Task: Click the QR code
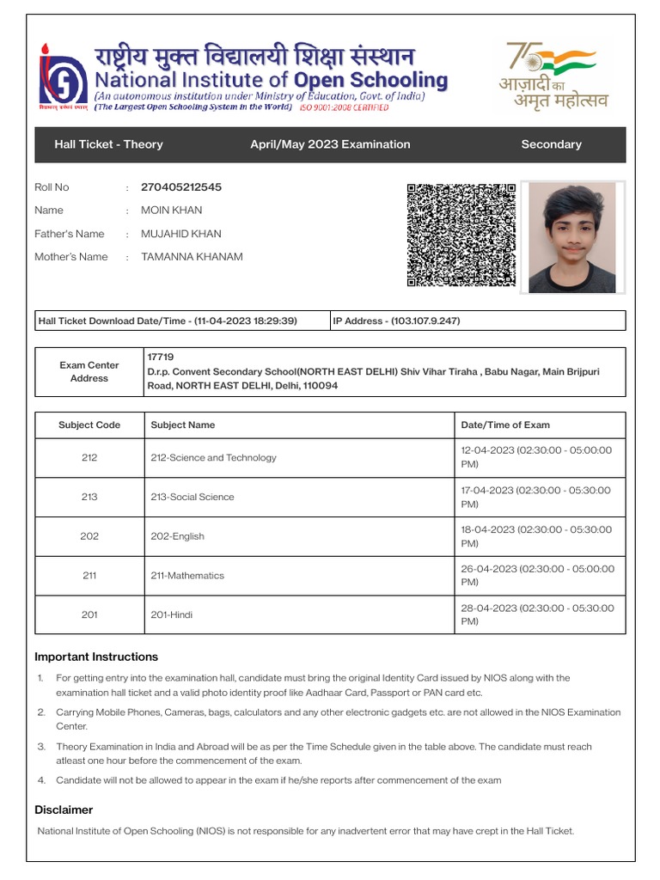tap(461, 235)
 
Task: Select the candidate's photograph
tap(571, 237)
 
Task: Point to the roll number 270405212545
tap(180, 187)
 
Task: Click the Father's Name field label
tap(69, 234)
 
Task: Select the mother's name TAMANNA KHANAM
tap(192, 257)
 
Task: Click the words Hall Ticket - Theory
tap(108, 144)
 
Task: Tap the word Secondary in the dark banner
tap(551, 144)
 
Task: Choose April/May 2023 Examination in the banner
tap(330, 144)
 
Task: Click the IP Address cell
tap(396, 321)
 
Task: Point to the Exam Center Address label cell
tap(89, 372)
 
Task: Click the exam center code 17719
tap(161, 356)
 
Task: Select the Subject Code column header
tap(89, 425)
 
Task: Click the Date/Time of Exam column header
tap(505, 425)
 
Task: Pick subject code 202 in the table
tap(89, 536)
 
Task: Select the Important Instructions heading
tap(96, 657)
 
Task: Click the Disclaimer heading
tap(64, 810)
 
